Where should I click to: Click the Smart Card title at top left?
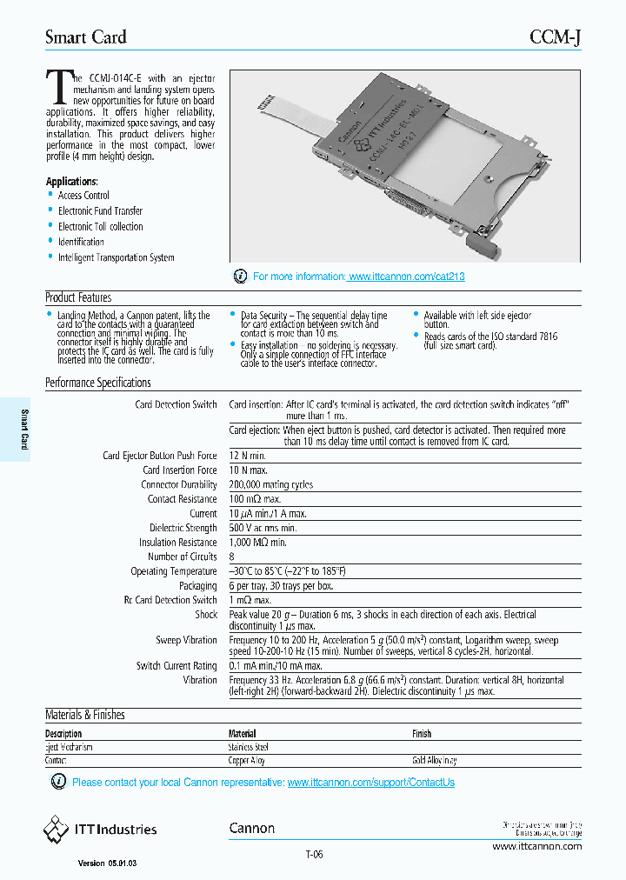coord(85,37)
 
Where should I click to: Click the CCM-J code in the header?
coord(556,37)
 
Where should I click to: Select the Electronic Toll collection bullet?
coord(100,227)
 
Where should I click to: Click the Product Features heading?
coord(78,297)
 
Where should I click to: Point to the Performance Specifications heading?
coord(97,383)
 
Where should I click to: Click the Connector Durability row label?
coord(179,485)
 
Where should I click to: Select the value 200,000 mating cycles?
coord(270,485)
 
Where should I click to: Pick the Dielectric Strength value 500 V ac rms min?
coord(263,528)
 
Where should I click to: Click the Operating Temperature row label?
coord(174,571)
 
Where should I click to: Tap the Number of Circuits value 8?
coord(232,557)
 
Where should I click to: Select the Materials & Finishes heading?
coord(84,715)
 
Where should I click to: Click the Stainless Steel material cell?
coord(248,747)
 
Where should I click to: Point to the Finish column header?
coord(421,734)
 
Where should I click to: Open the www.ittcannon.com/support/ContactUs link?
coord(370,783)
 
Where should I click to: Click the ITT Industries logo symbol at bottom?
coord(57,830)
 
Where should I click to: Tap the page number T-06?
coord(314,854)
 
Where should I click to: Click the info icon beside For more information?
coord(241,277)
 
